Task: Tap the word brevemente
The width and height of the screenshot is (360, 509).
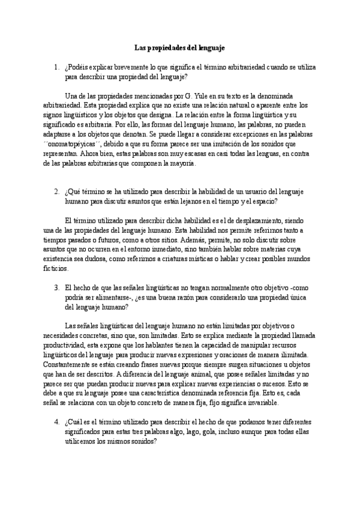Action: point(127,67)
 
